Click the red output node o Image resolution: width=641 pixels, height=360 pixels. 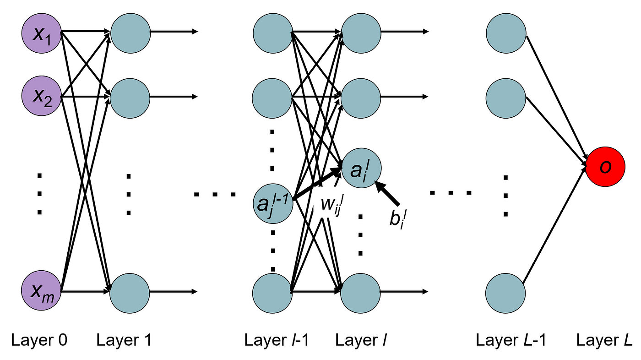(x=605, y=168)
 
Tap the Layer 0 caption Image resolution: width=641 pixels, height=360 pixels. (x=39, y=340)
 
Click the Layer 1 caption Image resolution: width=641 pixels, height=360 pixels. (x=124, y=340)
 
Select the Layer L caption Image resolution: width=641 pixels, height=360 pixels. (x=604, y=340)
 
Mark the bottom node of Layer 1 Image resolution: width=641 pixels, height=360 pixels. (x=130, y=291)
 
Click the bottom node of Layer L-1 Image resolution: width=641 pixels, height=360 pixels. (x=505, y=291)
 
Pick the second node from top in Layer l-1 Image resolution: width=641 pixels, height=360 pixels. (x=272, y=97)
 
